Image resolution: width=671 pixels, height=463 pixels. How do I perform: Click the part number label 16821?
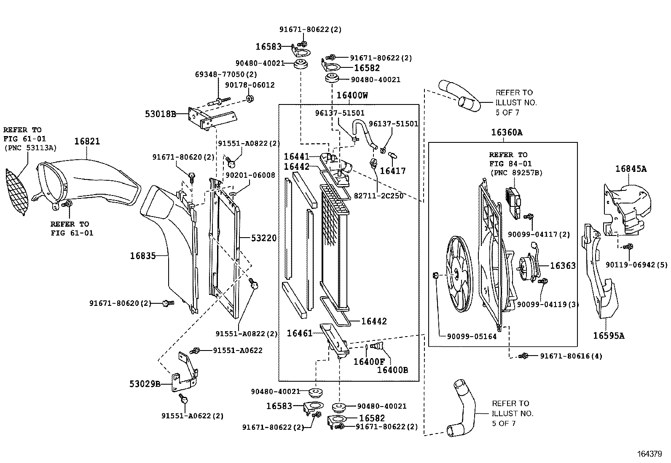coord(87,142)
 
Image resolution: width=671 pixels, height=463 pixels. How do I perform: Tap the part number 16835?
coord(142,256)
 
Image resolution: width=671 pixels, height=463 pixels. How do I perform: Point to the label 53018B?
coord(161,113)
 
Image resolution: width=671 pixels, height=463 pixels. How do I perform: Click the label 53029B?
coord(145,384)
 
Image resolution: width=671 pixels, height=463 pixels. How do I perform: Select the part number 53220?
coord(263,238)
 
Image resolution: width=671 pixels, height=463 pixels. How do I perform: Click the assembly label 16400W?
coord(352,96)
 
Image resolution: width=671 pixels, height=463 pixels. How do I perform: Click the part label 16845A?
coord(631,169)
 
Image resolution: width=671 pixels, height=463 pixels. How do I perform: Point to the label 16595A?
coord(609,336)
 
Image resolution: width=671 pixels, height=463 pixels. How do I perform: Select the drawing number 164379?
coord(650,454)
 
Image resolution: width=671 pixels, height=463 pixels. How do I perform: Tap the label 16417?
coord(392,171)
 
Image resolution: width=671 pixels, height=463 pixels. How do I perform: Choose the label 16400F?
coord(369,361)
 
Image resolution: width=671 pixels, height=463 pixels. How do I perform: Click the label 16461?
coord(300,333)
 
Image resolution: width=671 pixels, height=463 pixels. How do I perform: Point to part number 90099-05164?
coord(472,337)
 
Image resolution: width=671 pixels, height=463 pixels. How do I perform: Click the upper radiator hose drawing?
coord(459,96)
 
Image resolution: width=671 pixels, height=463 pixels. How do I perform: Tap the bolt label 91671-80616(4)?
coord(571,356)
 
